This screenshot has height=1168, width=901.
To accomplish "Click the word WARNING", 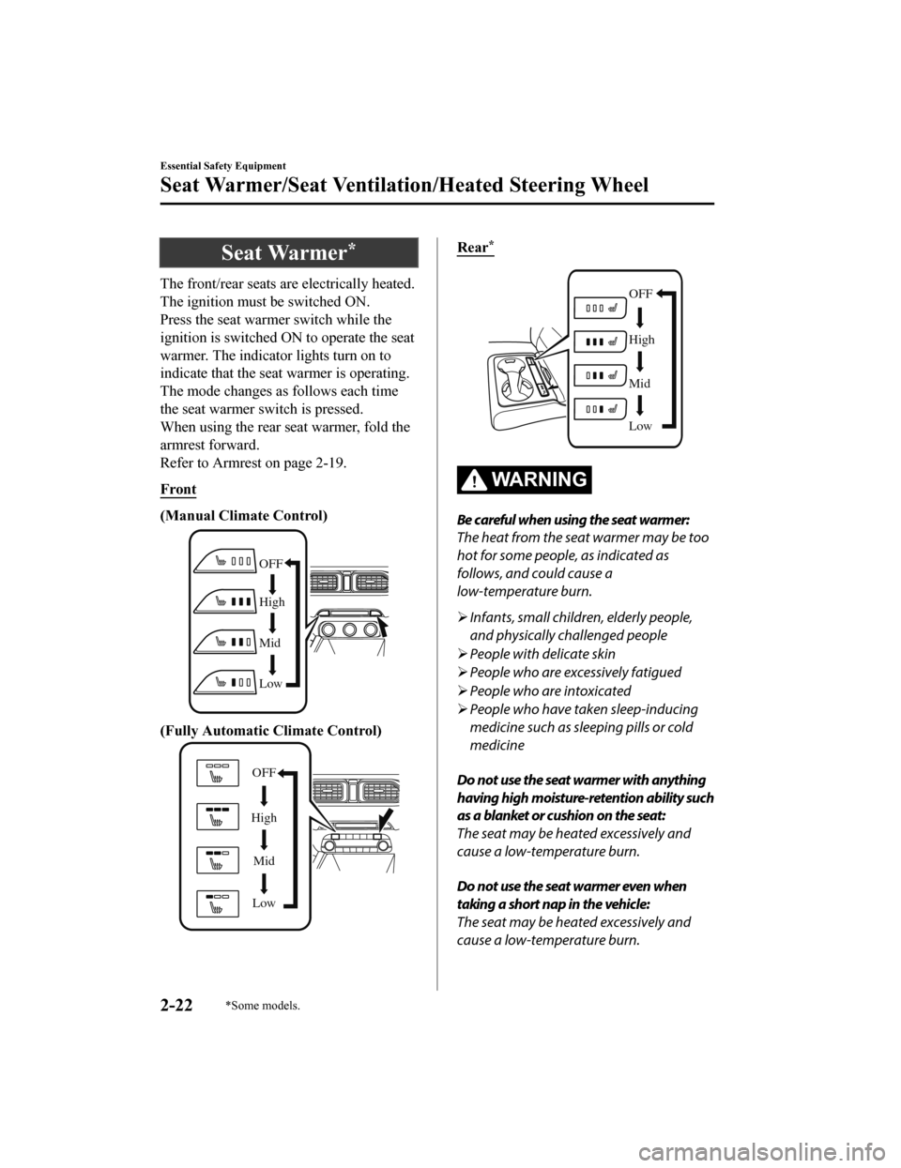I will click(x=539, y=480).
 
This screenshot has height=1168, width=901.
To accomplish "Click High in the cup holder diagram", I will click(x=641, y=340).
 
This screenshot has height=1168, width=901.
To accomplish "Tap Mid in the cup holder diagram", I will click(x=640, y=383).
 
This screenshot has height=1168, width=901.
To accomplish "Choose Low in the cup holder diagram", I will click(x=640, y=426).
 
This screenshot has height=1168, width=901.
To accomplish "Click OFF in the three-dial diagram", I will click(x=271, y=562).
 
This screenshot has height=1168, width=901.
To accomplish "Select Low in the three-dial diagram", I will click(x=270, y=684).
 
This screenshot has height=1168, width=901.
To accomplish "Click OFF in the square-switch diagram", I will click(x=264, y=772).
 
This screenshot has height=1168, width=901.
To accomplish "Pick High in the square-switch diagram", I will click(x=264, y=818).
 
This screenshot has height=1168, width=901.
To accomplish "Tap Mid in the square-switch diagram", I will click(x=264, y=860).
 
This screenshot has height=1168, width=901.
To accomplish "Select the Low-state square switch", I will click(x=217, y=903).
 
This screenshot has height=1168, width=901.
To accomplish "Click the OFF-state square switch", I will click(x=217, y=773).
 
